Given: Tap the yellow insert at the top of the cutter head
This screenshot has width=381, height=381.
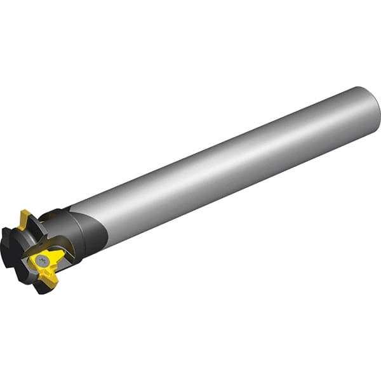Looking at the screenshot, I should pyautogui.click(x=27, y=219).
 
